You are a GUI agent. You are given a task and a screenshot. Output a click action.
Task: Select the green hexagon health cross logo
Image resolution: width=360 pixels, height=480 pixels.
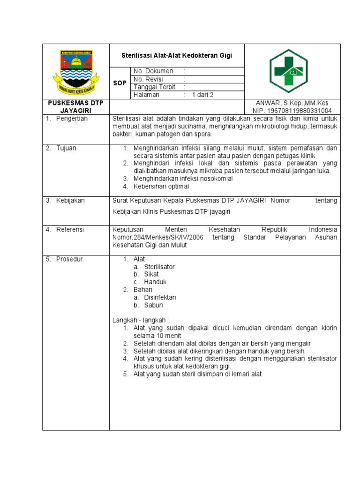pos(288,71)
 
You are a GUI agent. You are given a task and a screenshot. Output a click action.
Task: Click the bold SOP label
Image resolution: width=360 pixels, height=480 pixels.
pos(120,83)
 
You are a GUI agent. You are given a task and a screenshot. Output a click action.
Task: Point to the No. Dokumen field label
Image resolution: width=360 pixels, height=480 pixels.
pos(153,71)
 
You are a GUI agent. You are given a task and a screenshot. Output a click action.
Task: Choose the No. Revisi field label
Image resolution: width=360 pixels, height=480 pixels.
pos(148,79)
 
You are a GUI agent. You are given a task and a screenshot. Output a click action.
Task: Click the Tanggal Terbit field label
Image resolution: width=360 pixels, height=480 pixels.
pos(154,87)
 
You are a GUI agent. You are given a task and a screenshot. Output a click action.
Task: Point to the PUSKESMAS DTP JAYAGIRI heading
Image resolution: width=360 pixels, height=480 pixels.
pos(76,107)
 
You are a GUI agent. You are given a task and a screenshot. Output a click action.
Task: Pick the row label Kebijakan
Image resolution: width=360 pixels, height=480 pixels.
pos(70,201)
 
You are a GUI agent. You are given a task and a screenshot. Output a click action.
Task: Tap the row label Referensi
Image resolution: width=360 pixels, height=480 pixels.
pos(70,230)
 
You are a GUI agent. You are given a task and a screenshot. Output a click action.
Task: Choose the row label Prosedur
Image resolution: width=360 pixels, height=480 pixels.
pos(69,259)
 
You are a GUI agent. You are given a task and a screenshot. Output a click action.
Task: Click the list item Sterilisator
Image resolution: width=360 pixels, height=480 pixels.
pos(159,267)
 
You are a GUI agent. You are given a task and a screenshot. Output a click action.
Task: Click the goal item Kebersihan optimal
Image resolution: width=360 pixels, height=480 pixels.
pos(162,186)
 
